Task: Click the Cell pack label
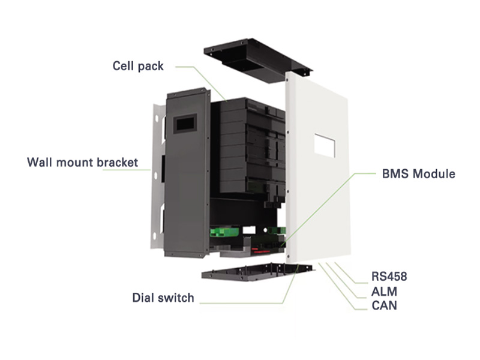click(138, 66)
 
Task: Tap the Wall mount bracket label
click(83, 163)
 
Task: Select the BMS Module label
click(419, 175)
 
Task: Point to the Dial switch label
click(163, 298)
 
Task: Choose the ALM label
click(385, 292)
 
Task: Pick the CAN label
click(385, 306)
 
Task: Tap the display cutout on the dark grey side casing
click(184, 125)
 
